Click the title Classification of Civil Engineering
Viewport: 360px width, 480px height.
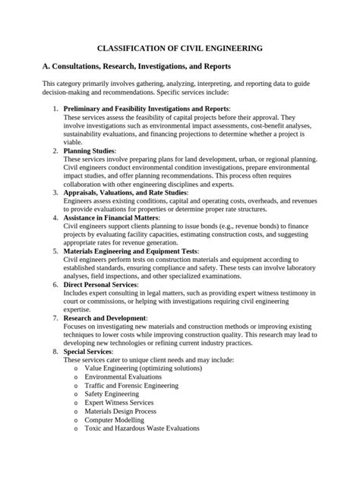(179, 47)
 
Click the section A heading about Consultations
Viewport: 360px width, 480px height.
(131, 67)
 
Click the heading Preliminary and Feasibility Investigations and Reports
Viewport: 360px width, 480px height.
(147, 109)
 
